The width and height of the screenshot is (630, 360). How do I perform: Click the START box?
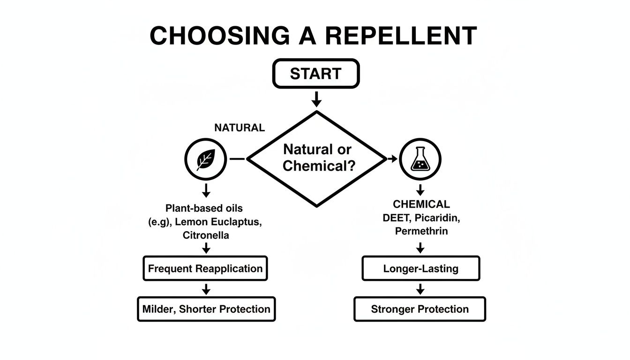pos(315,74)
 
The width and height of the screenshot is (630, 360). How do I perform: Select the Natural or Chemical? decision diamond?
pos(317,158)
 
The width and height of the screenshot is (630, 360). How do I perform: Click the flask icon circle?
pos(420,159)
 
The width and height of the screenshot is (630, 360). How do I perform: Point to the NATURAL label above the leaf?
pos(239,127)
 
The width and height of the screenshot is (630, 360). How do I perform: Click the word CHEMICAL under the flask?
pos(421,204)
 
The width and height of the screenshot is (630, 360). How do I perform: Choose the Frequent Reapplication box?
pos(205,269)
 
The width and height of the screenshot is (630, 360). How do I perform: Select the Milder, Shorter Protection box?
pos(206,309)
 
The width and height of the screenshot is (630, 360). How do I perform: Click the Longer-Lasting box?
pos(420,269)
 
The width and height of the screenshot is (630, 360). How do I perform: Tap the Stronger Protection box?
pos(420,309)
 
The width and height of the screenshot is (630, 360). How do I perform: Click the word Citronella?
pos(206,235)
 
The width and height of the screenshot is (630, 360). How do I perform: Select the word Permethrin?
pos(421,231)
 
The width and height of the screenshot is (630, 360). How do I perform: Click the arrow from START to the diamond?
pos(316,99)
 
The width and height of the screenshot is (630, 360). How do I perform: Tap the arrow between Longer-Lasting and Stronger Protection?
pos(420,289)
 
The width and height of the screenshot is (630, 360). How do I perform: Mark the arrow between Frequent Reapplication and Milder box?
pos(206,289)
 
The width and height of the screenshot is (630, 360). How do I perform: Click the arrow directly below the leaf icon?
pos(206,190)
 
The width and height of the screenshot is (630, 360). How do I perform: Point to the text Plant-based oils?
pos(204,208)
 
